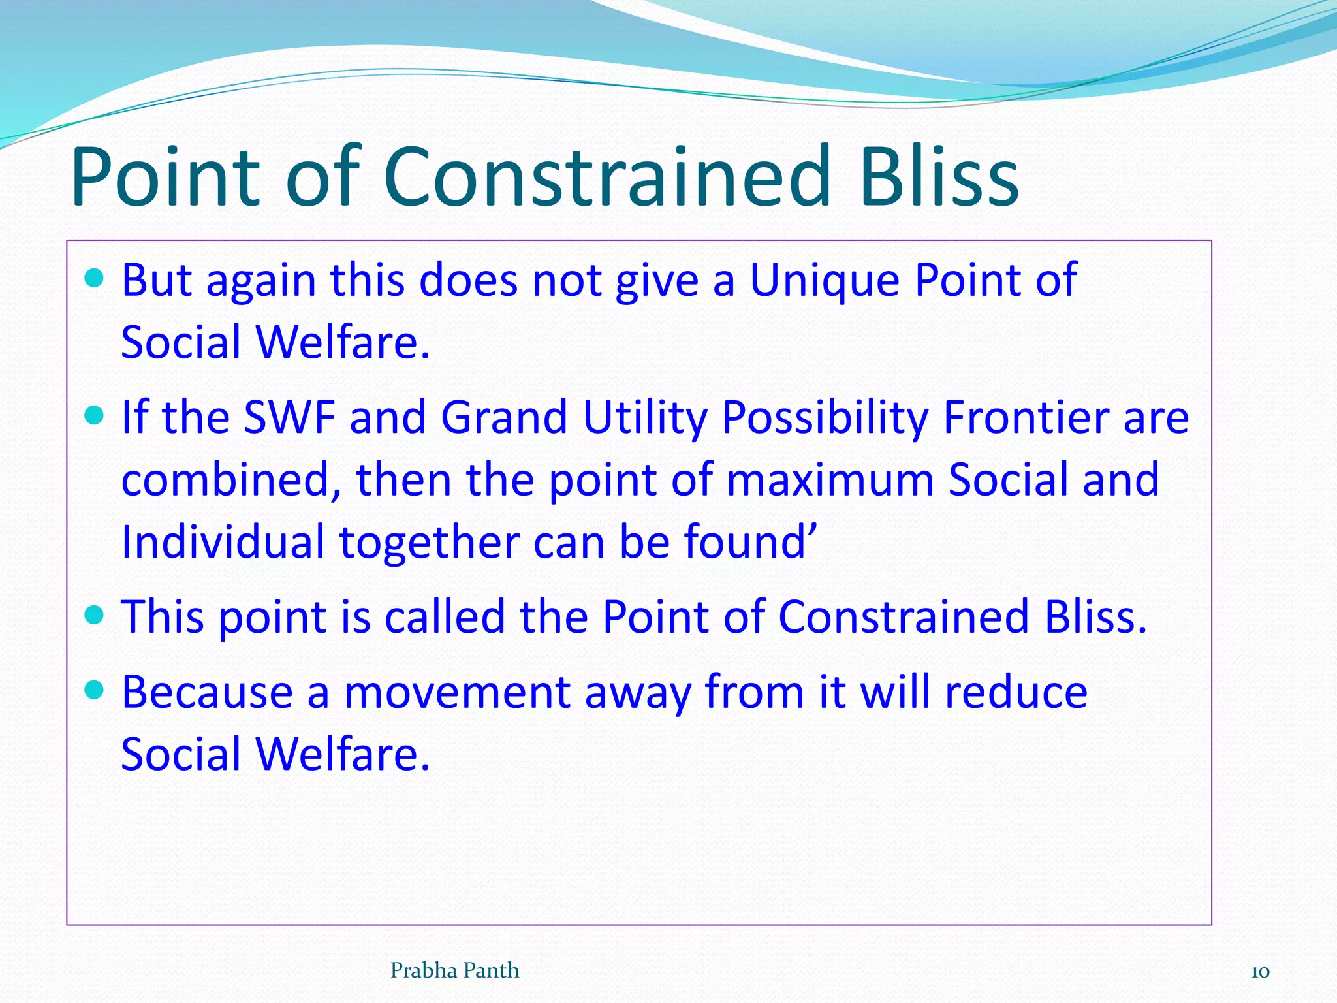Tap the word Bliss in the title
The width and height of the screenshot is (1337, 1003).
click(939, 178)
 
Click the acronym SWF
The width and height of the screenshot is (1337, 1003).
click(289, 417)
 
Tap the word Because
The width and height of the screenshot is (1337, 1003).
click(207, 692)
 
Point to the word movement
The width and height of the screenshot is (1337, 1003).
click(457, 693)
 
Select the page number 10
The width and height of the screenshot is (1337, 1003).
click(1259, 972)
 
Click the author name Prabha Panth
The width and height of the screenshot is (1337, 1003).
click(454, 971)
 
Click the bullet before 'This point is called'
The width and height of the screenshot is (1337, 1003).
click(95, 615)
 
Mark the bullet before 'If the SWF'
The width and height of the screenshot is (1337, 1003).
click(95, 415)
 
